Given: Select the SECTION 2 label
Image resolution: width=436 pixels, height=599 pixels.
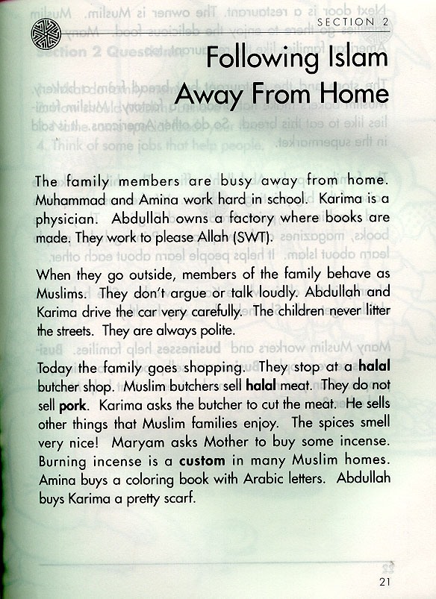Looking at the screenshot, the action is [x=352, y=22].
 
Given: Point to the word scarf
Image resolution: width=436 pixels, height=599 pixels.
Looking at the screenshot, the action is [x=176, y=496].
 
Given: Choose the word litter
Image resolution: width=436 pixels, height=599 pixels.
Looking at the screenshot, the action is [x=376, y=309].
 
